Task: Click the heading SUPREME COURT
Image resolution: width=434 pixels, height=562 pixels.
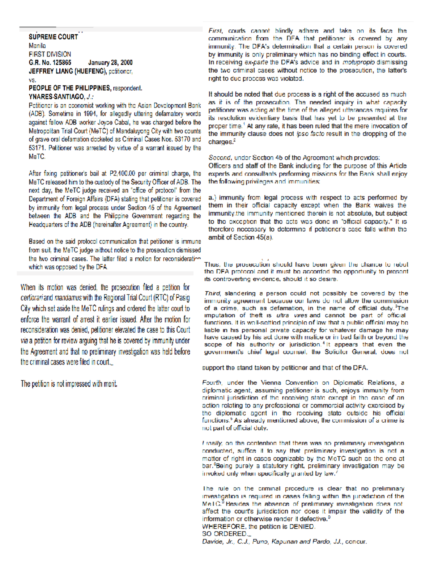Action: pos(53,37)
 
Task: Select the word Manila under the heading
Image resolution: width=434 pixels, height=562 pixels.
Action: pos(37,46)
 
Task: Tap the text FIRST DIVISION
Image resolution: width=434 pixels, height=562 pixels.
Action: pos(50,54)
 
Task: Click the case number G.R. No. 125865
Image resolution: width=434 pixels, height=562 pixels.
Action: pos(50,63)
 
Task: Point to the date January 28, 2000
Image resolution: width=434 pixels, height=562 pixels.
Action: pos(110,63)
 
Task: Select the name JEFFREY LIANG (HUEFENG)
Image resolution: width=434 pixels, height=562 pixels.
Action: pos(68,71)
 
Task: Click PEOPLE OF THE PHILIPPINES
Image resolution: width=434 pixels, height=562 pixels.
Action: pos(70,88)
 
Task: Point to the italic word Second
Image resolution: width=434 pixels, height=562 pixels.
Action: pos(220,158)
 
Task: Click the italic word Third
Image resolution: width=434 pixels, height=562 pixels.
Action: pos(212,293)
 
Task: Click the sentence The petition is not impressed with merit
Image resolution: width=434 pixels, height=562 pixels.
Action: pos(69,384)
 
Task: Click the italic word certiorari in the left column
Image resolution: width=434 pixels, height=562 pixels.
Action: pos(31,298)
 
